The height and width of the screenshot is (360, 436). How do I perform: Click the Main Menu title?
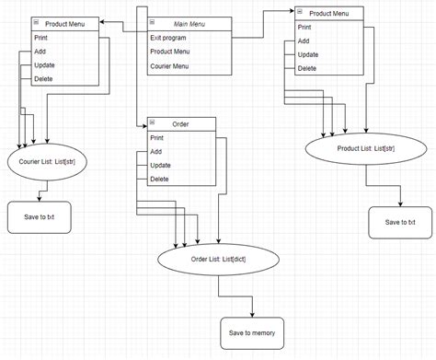(x=188, y=22)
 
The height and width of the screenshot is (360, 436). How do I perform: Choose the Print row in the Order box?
(x=157, y=137)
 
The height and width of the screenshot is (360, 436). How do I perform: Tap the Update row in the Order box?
(x=160, y=165)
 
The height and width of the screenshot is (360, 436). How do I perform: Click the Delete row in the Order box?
(x=159, y=179)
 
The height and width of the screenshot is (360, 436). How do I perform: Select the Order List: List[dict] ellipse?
(x=218, y=260)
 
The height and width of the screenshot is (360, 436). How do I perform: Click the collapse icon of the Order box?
(x=152, y=123)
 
